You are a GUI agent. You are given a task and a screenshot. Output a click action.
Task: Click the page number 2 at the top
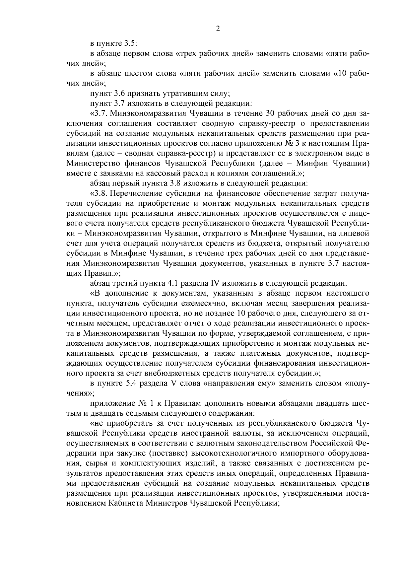[x=218, y=29]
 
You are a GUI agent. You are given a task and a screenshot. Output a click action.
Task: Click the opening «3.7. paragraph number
[x=98, y=113]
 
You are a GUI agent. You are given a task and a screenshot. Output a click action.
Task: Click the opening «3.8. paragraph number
[x=99, y=193]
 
